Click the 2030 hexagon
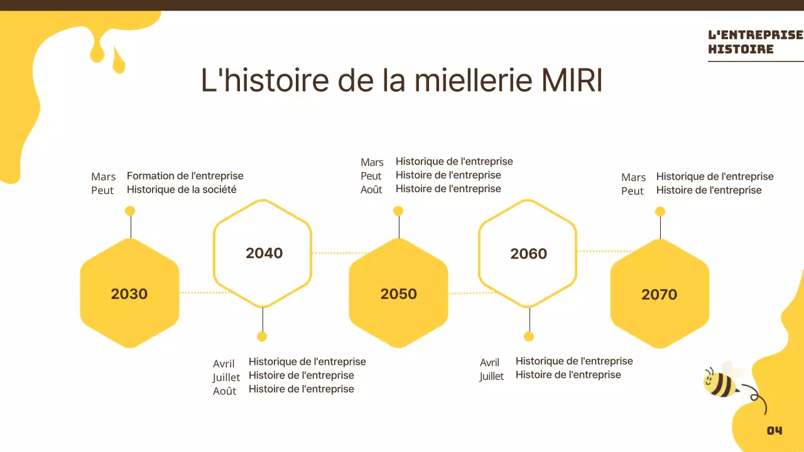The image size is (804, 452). pos(129,293)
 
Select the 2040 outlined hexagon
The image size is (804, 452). pos(263,253)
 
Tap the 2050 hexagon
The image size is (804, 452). pos(398,293)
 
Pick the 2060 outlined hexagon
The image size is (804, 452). pos(528,254)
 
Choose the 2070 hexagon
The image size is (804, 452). pos(660,294)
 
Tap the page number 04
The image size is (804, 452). pos(774,431)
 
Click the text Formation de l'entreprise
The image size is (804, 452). pos(185,176)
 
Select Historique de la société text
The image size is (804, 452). pos(182,190)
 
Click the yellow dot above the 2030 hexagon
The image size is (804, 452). pos(130,211)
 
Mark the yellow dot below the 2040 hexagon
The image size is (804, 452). pos(262,336)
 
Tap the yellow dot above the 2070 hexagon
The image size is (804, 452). pos(660,212)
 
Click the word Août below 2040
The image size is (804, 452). pos(224,391)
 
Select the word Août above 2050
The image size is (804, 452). pos(371,190)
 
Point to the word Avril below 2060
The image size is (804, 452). pos(489,362)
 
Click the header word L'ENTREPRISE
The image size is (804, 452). pos(755,35)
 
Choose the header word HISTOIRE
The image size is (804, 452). pos(741,49)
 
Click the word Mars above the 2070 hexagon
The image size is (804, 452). pos(633,178)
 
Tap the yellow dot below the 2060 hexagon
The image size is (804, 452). pos(529,336)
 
